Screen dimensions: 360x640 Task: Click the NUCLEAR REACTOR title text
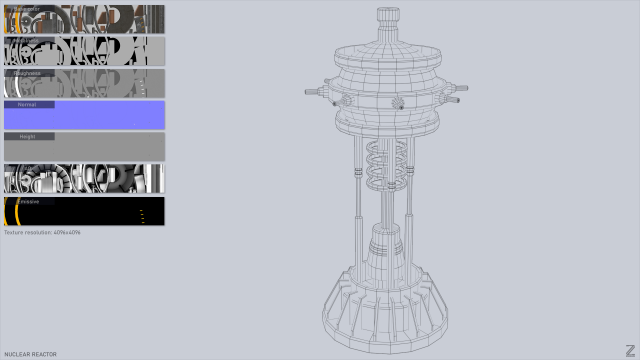tap(30, 354)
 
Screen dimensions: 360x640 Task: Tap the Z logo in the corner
tap(629, 348)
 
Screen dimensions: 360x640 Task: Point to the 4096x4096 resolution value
tap(67, 232)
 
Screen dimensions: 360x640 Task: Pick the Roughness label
tap(26, 72)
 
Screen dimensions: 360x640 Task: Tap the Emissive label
tap(27, 201)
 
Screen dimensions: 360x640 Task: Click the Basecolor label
tap(27, 9)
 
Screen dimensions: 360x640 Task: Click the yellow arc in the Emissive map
tap(17, 211)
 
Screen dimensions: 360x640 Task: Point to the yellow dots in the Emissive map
tap(142, 214)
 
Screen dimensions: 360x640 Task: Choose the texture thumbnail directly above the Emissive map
tap(85, 178)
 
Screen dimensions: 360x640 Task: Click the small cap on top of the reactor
tap(387, 17)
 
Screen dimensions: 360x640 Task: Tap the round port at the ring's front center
tap(397, 103)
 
